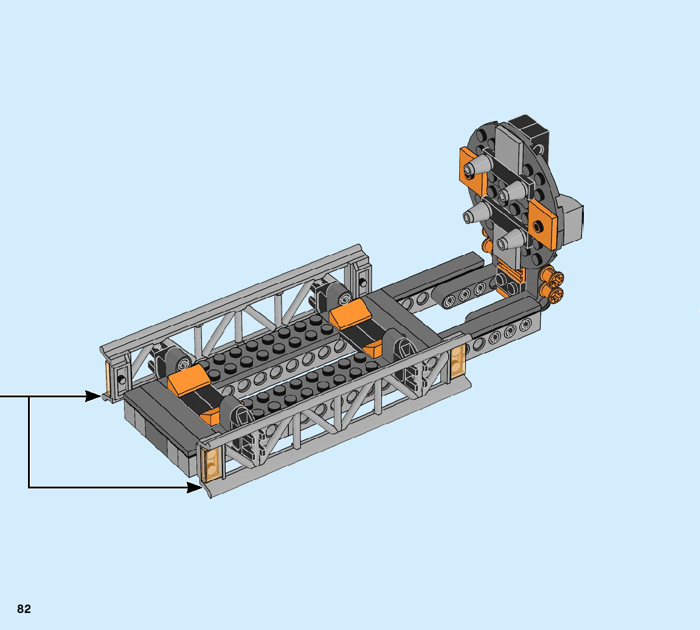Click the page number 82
tap(24, 609)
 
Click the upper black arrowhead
tap(93, 396)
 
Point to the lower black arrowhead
tap(194, 487)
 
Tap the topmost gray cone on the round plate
tap(478, 166)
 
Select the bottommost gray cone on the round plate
tap(512, 241)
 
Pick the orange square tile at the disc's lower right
tap(542, 224)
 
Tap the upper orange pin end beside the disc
tap(553, 279)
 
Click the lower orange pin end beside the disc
tap(553, 294)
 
